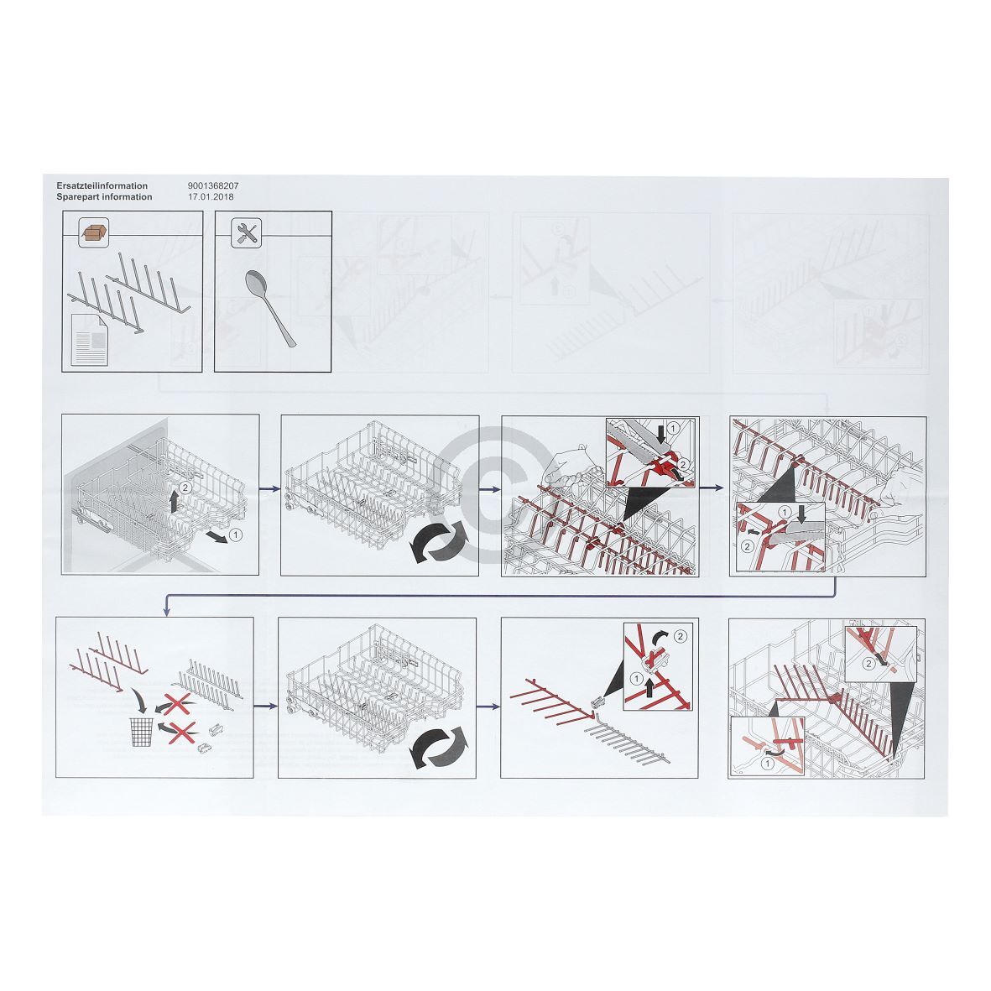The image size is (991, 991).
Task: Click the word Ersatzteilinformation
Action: click(x=102, y=185)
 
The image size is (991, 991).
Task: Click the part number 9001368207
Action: click(x=213, y=185)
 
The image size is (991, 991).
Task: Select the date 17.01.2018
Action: click(x=211, y=196)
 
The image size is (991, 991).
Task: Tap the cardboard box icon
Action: click(x=93, y=232)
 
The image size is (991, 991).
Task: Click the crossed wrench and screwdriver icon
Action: click(x=246, y=232)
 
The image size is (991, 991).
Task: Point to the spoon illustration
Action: click(x=269, y=307)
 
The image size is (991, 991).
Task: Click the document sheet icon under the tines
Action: click(x=89, y=340)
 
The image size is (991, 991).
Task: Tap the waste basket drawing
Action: click(x=142, y=733)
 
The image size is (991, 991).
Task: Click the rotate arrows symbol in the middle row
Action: click(x=439, y=541)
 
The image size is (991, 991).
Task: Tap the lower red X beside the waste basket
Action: click(x=180, y=733)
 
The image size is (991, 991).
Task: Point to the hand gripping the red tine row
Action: click(x=566, y=470)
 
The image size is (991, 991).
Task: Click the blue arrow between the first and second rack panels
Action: click(x=270, y=488)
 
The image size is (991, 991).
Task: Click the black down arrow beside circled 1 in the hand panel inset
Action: click(x=660, y=433)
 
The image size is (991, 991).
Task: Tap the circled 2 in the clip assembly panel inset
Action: click(x=680, y=636)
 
